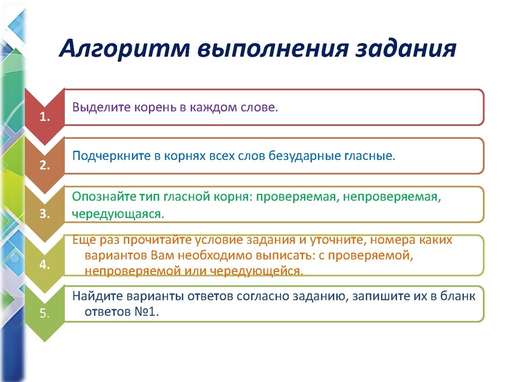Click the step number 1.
[45, 117]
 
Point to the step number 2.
[45, 165]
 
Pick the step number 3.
[45, 214]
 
